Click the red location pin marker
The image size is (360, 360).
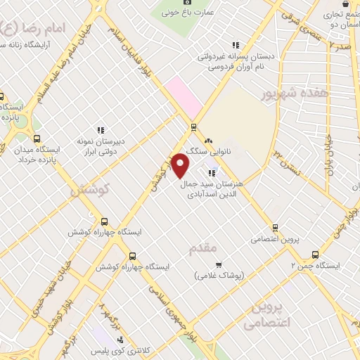(181, 166)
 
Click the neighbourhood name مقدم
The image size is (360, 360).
(202, 248)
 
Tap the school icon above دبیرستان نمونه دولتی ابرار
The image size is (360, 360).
(101, 129)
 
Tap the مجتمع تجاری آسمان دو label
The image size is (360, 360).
(340, 18)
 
